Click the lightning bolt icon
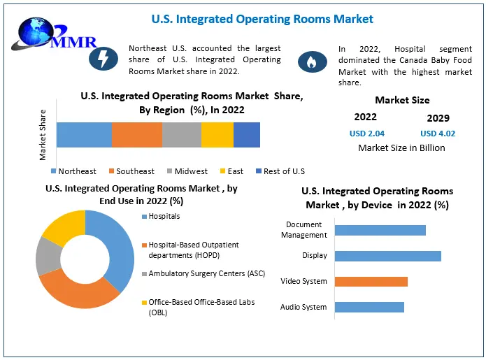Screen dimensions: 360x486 [103, 60]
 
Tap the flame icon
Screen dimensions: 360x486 [312, 62]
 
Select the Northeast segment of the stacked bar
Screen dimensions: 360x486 [84, 134]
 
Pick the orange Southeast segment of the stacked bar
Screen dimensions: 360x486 [137, 134]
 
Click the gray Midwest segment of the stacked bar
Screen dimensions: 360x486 [182, 134]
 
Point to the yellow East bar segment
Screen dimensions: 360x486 [217, 134]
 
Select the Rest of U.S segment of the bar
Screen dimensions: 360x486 [247, 134]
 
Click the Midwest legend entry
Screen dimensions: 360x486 [187, 171]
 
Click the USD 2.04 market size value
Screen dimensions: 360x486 [366, 134]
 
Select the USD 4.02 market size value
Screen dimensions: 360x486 [438, 134]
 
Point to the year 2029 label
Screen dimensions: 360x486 [438, 117]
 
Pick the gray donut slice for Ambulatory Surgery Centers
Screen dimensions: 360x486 [48, 255]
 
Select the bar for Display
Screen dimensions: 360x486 [387, 256]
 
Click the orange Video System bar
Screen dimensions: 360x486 [371, 282]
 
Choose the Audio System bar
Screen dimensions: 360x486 [369, 307]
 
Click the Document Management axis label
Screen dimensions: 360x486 [304, 229]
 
